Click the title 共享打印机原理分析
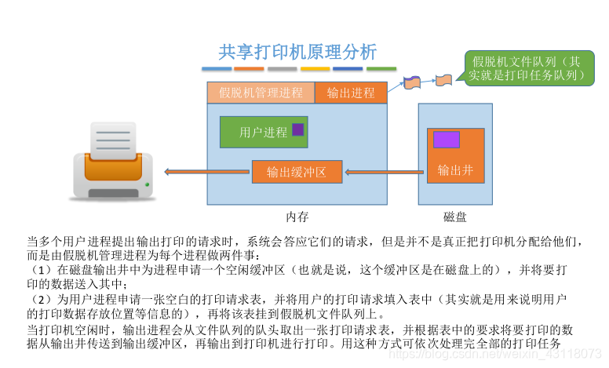pos(297,53)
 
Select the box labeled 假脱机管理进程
pos(261,93)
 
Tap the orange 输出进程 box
pos(351,93)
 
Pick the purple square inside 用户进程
pos(297,129)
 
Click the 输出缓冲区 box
pos(297,172)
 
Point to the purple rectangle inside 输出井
pos(446,140)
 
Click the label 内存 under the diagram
pos(297,216)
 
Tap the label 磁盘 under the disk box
pos(454,217)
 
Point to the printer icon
pos(113,160)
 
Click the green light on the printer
pos(147,185)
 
